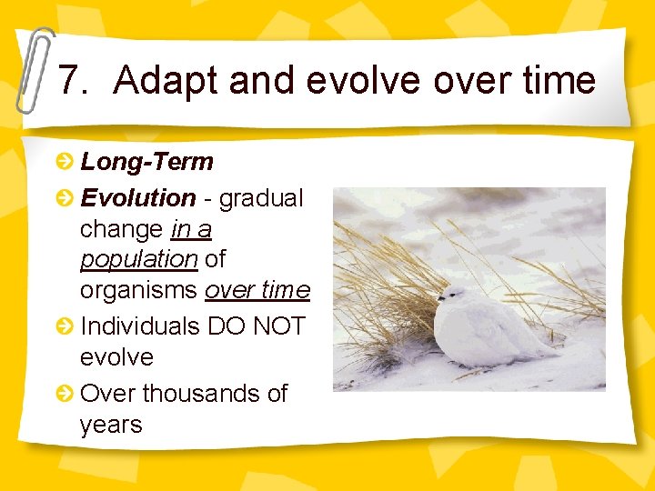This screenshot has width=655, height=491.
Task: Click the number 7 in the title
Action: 69,81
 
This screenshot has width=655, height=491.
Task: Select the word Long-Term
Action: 146,163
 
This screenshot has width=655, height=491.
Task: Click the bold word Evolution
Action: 137,197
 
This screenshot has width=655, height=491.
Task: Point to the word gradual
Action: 261,197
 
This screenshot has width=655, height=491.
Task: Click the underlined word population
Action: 138,260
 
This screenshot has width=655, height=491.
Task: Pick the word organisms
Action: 139,291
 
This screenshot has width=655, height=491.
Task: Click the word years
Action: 111,425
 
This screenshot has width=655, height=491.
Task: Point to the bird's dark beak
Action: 439,297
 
